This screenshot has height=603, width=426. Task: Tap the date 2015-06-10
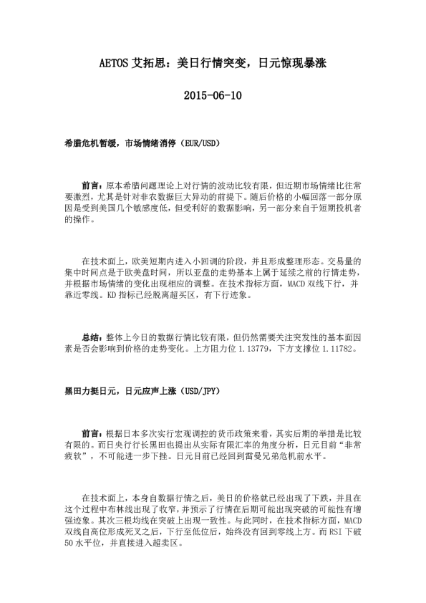pos(213,95)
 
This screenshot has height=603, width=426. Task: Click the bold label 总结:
pos(92,338)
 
